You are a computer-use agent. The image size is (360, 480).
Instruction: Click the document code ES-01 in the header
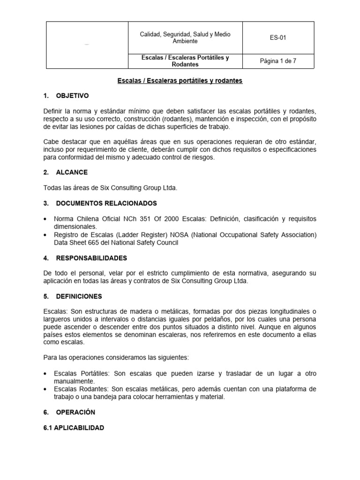pyautogui.click(x=278, y=38)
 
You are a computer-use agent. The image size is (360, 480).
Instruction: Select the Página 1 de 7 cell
pyautogui.click(x=278, y=61)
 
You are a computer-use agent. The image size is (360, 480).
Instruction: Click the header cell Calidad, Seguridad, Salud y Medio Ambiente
pyautogui.click(x=185, y=38)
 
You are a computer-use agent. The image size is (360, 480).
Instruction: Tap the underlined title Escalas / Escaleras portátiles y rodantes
pyautogui.click(x=180, y=81)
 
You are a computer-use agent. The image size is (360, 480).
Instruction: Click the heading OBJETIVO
pyautogui.click(x=72, y=96)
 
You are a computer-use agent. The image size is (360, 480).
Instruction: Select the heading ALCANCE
pyautogui.click(x=72, y=172)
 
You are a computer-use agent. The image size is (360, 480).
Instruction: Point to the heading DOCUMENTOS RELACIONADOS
pyautogui.click(x=106, y=203)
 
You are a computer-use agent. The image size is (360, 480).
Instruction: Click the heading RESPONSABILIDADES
pyautogui.click(x=91, y=258)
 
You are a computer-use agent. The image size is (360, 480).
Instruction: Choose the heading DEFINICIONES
pyautogui.click(x=79, y=296)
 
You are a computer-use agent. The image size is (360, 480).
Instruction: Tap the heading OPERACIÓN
pyautogui.click(x=75, y=412)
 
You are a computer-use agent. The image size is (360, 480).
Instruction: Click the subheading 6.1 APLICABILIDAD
pyautogui.click(x=74, y=428)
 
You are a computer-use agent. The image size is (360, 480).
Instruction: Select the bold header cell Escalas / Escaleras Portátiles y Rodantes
pyautogui.click(x=185, y=61)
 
